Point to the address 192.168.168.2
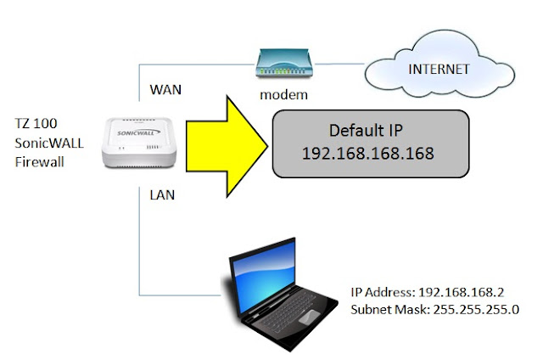point(471,293)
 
